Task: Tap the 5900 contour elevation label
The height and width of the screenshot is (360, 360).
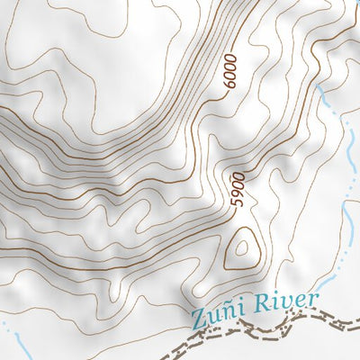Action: click(x=238, y=190)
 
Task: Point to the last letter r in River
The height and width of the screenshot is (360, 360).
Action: click(x=314, y=299)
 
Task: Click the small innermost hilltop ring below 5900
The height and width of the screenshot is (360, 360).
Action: click(x=241, y=247)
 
